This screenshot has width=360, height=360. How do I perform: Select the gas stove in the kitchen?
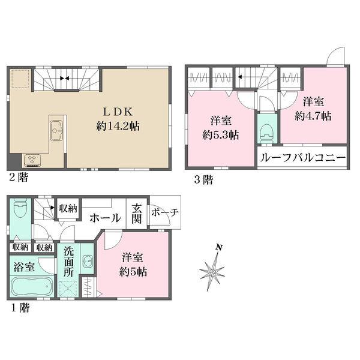(x=31, y=159)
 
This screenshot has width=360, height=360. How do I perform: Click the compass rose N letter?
(x=220, y=247)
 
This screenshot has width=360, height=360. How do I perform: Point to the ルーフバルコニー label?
(x=302, y=158)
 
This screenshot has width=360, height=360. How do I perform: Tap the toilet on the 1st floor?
(x=19, y=211)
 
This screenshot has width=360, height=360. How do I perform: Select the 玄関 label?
(x=136, y=213)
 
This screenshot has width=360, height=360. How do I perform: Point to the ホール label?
(x=104, y=219)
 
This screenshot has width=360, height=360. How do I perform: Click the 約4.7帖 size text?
(x=314, y=116)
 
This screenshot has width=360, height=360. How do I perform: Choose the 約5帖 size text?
(x=133, y=272)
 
